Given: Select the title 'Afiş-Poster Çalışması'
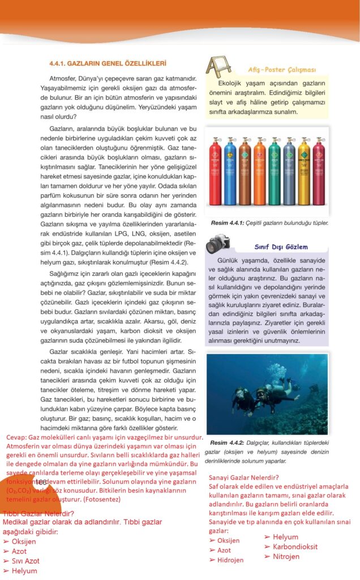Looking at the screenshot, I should (281, 70).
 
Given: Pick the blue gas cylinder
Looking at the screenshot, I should (230, 173).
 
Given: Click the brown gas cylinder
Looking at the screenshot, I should (245, 173).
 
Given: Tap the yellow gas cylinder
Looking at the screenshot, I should (304, 173).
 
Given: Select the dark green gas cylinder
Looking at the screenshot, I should (275, 173).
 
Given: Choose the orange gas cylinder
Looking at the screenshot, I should (259, 173).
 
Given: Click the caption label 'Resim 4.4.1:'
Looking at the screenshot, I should (227, 223).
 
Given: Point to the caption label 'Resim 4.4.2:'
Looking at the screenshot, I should (227, 442).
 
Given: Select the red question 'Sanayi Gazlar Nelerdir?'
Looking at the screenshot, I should (244, 477).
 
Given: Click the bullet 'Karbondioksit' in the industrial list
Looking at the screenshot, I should (294, 547).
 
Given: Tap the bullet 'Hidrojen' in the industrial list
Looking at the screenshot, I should (230, 560).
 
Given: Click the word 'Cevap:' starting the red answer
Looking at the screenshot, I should (16, 438).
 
